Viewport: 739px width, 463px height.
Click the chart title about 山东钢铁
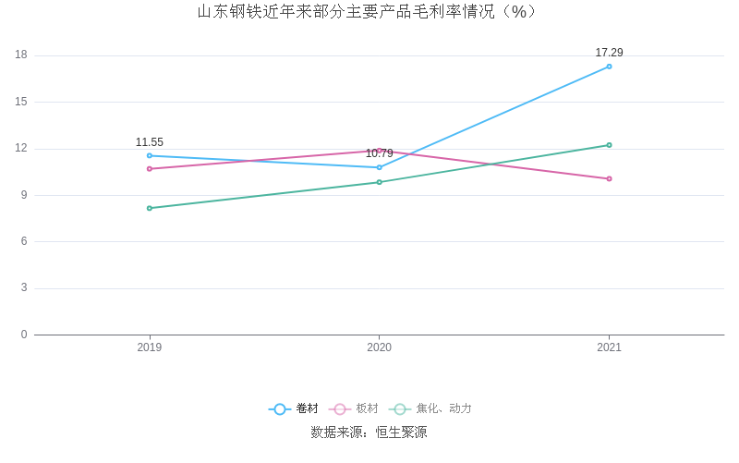369,12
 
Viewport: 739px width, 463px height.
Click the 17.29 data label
609,53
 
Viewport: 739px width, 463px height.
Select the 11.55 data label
150,142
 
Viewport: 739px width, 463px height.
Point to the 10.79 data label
379,153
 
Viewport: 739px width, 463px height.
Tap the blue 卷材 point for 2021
609,67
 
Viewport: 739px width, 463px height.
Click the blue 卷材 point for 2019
150,155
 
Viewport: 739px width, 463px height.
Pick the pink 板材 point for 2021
609,178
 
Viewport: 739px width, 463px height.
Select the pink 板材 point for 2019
150,168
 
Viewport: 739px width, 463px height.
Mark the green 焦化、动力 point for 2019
150,208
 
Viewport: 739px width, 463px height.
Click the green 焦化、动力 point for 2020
379,182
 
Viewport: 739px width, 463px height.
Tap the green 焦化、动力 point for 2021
609,145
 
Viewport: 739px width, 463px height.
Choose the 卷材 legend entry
294,408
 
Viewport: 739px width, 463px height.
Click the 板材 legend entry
355,408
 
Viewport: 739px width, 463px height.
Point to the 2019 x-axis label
150,347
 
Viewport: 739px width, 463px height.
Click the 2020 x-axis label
379,347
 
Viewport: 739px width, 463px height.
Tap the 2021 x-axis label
609,347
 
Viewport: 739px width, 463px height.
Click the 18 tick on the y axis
21,55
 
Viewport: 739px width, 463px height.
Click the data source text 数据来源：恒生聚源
369,433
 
